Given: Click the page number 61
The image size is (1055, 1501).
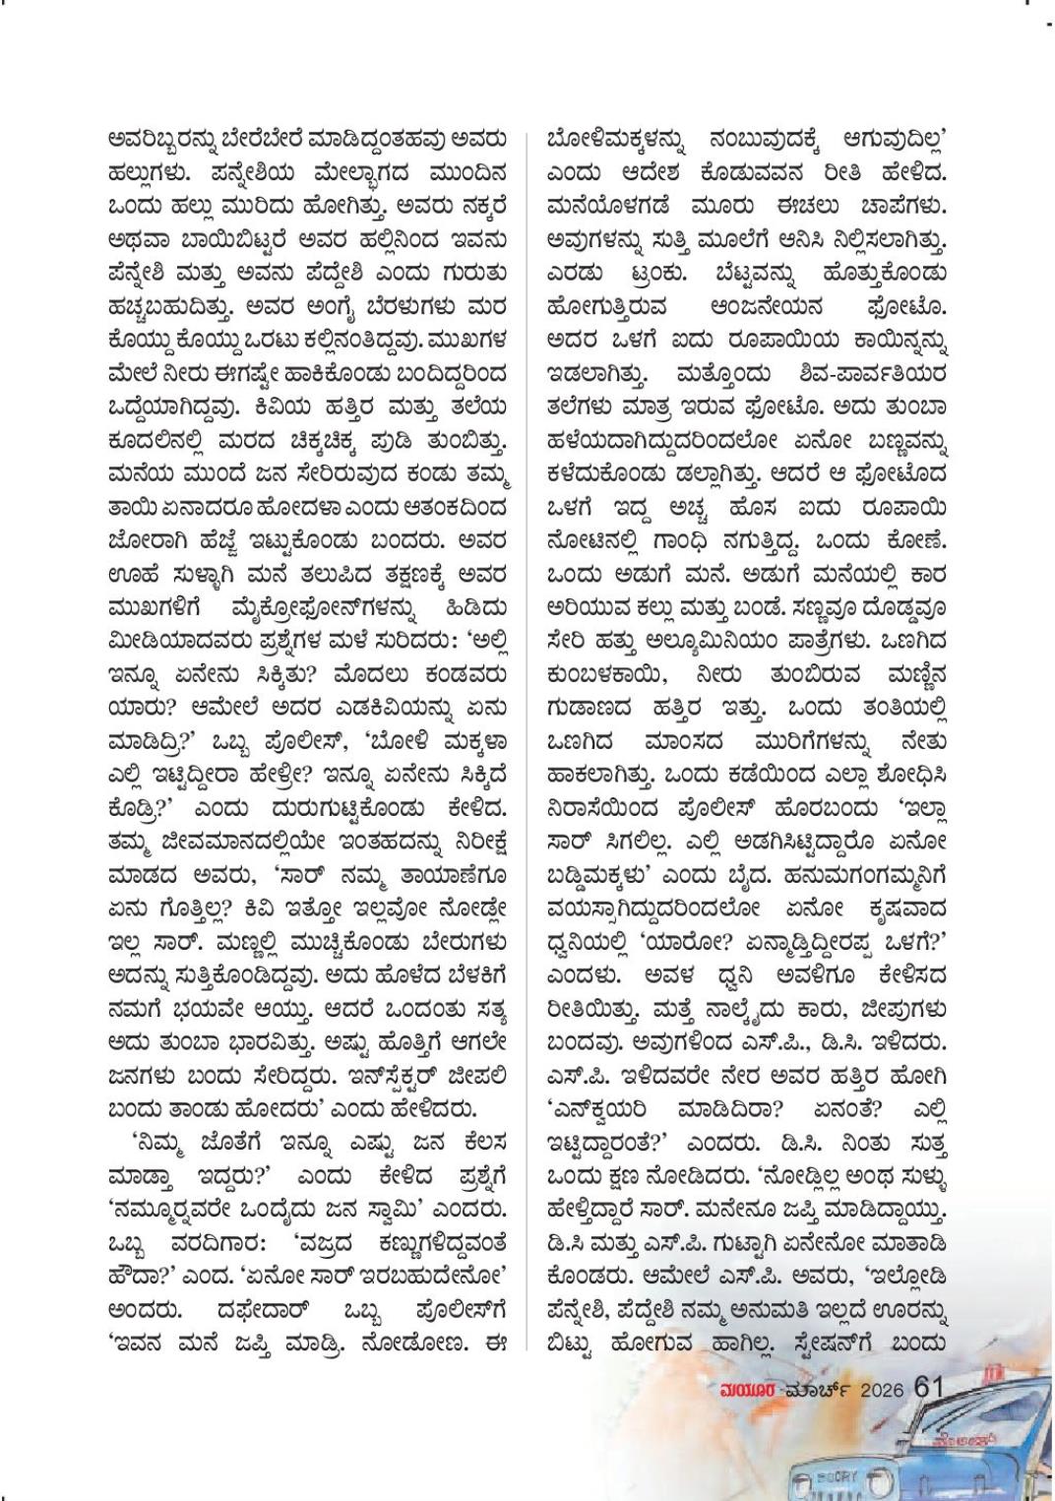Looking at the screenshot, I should [930, 1387].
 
